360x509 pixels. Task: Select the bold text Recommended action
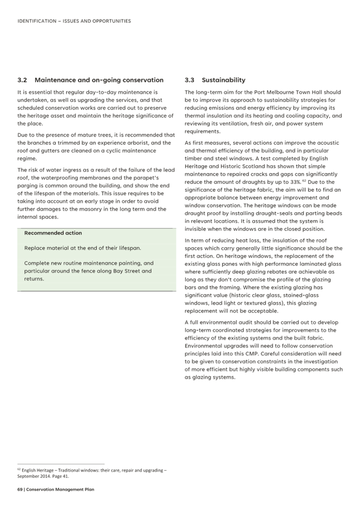53,233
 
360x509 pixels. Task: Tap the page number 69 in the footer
20,489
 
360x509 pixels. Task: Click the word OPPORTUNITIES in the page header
111,21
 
